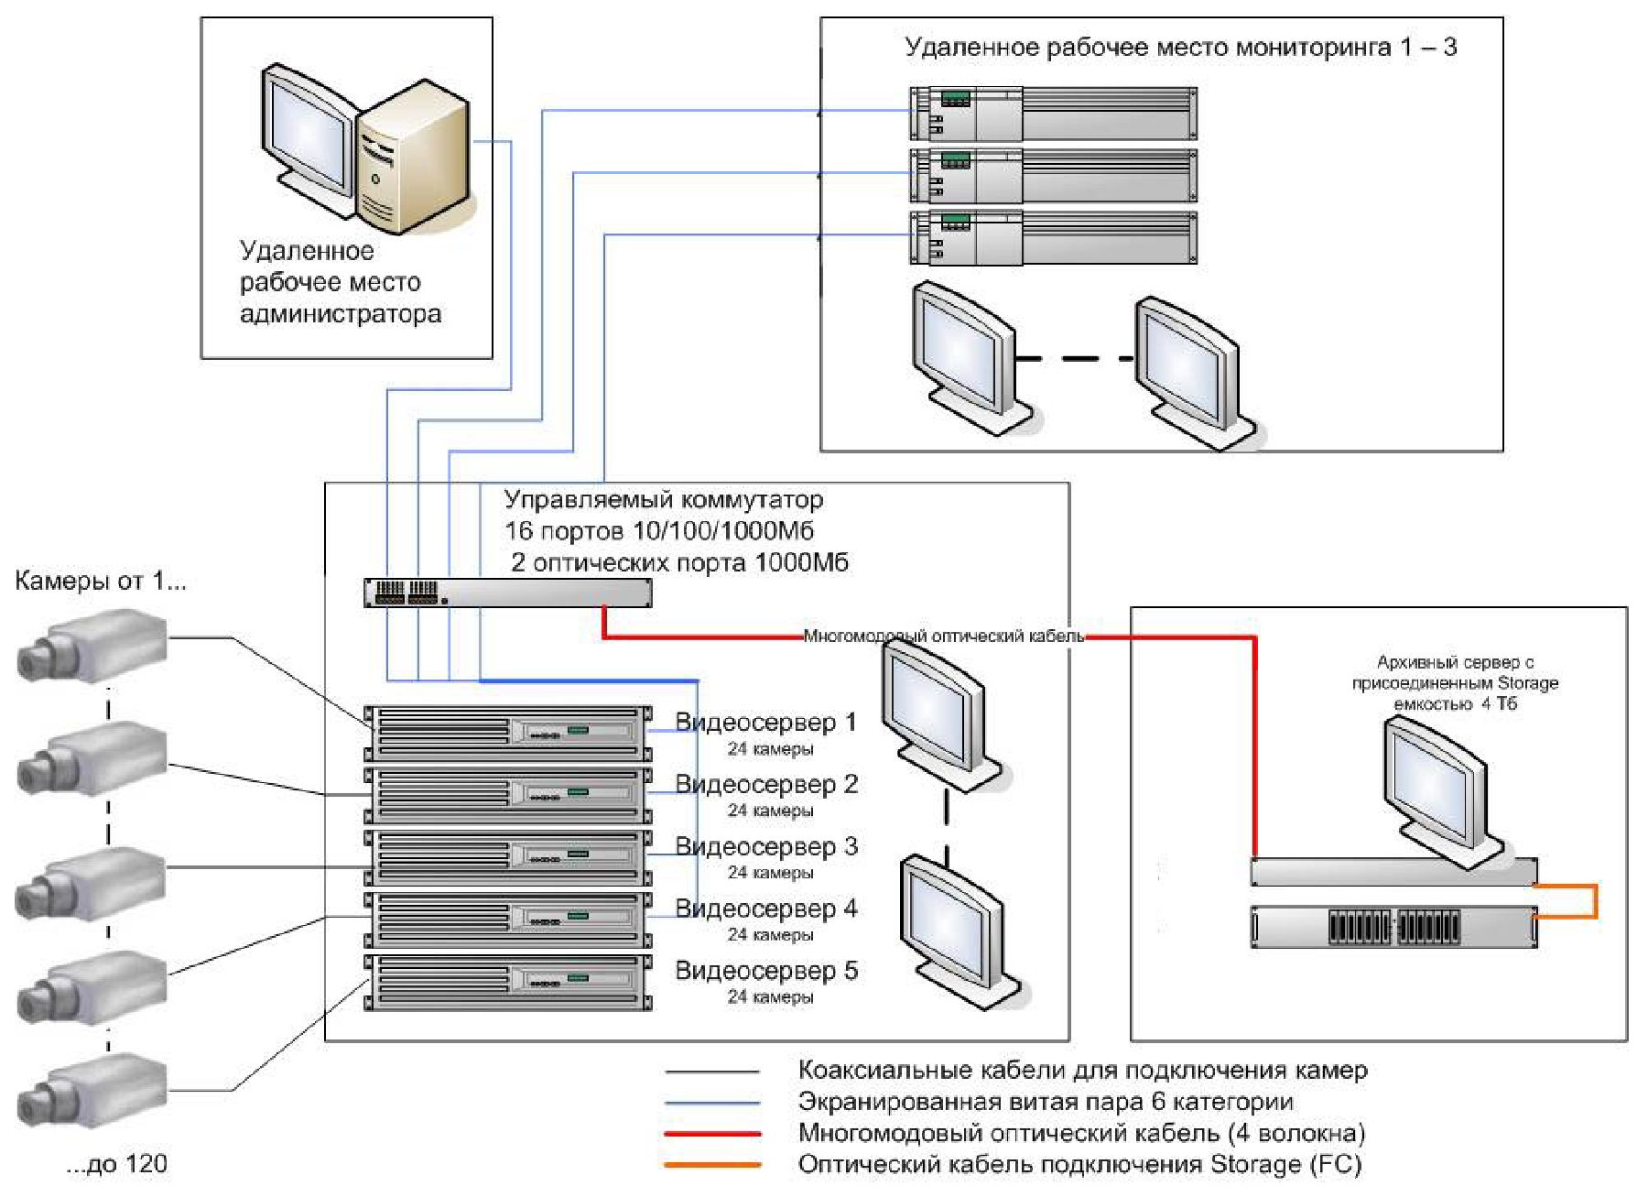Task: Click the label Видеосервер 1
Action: (765, 723)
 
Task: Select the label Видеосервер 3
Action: (766, 847)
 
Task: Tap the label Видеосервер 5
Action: (766, 971)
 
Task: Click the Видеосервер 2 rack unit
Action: (508, 795)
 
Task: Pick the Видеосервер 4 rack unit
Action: (508, 920)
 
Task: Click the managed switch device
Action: (508, 593)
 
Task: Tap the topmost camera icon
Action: (92, 647)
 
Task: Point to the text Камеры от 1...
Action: (101, 581)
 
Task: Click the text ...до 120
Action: (117, 1164)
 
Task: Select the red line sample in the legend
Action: (713, 1134)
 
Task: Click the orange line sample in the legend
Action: (713, 1165)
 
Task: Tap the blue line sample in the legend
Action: (713, 1103)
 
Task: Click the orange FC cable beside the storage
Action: (1596, 901)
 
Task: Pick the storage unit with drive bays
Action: (1394, 927)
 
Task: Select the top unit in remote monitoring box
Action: (1053, 113)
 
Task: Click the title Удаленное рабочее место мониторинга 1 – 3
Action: (1180, 48)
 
